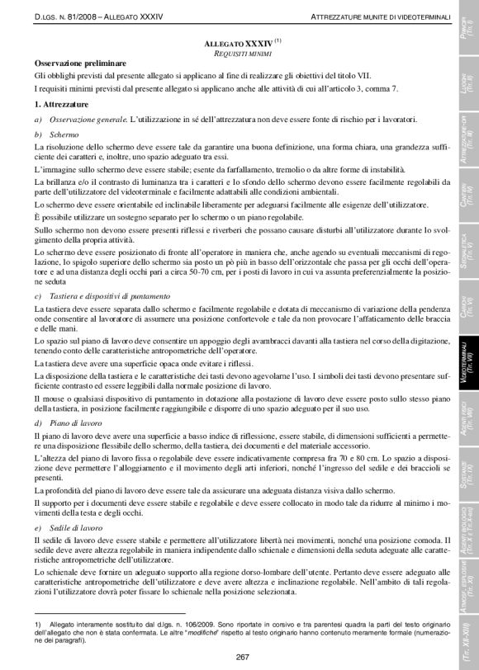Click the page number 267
pyautogui.click(x=243, y=657)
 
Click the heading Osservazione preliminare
pyautogui.click(x=80, y=63)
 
